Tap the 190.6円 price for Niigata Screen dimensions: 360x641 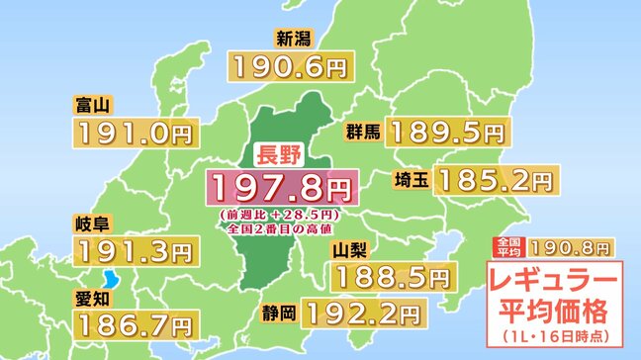click(291, 66)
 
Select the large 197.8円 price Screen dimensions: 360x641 click(278, 185)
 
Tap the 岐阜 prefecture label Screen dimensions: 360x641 click(91, 223)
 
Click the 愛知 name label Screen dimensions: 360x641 click(91, 295)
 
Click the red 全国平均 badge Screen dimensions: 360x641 click(505, 246)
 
